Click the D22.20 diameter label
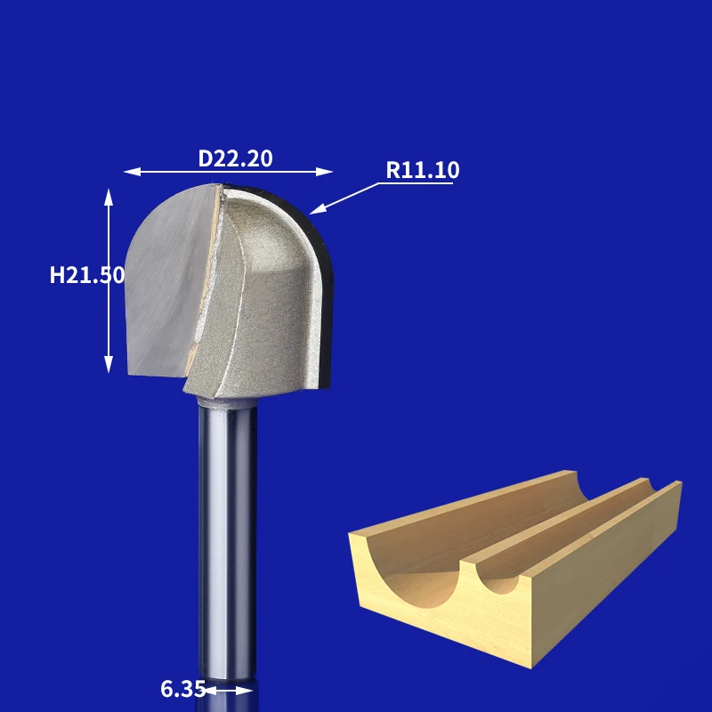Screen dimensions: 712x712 [235, 158]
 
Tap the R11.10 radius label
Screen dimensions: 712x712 [422, 170]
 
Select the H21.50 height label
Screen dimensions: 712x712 [86, 275]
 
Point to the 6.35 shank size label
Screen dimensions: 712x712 [182, 689]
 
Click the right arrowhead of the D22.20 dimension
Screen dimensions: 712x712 [325, 172]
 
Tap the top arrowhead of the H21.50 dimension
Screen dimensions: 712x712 [109, 197]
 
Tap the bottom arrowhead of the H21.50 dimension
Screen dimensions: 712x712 [109, 364]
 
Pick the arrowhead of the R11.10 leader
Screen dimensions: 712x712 [318, 209]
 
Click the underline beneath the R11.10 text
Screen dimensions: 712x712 [416, 183]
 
